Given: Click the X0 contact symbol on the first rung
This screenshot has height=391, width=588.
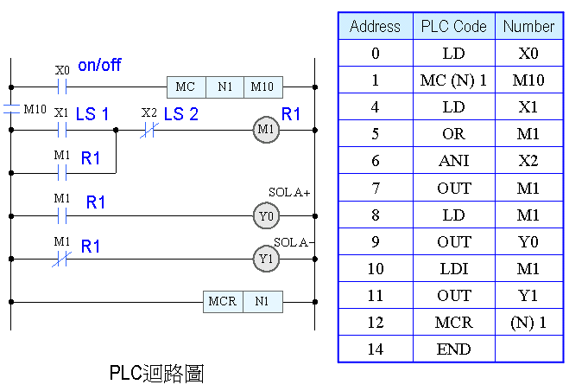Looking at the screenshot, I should pos(61,87).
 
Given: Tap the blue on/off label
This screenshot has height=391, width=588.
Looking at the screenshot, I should pos(99,66).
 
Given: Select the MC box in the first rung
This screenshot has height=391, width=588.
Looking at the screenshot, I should pos(186,87).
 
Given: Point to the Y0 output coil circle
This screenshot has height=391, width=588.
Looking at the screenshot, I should pos(266,215).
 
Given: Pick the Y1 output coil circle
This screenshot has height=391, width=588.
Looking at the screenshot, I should pos(266,258).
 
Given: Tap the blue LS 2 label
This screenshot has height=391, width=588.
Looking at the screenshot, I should pos(180,114).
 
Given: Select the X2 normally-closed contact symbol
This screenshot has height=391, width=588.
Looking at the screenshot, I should pos(149,130).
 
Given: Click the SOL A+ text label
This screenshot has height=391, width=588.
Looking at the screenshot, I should pos(288,192).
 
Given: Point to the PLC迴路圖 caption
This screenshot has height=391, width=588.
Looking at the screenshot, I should pos(156,373).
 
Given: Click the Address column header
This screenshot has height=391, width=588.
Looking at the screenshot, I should pos(375,26).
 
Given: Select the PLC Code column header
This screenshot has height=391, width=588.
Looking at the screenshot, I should pos(454,26).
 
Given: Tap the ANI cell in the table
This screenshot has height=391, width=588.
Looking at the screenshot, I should pos(454,161).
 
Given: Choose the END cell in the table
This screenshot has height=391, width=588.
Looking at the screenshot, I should pos(454,349).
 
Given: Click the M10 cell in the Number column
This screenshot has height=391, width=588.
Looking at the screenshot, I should pos(528,80).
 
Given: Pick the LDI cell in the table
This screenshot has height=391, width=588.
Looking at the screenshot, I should pos(454,268).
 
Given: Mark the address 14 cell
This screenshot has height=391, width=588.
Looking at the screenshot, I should pos(375,349).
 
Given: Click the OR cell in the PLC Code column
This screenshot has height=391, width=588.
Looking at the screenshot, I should pos(454,134).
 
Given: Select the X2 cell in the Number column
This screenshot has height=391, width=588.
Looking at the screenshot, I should pos(528,161).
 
